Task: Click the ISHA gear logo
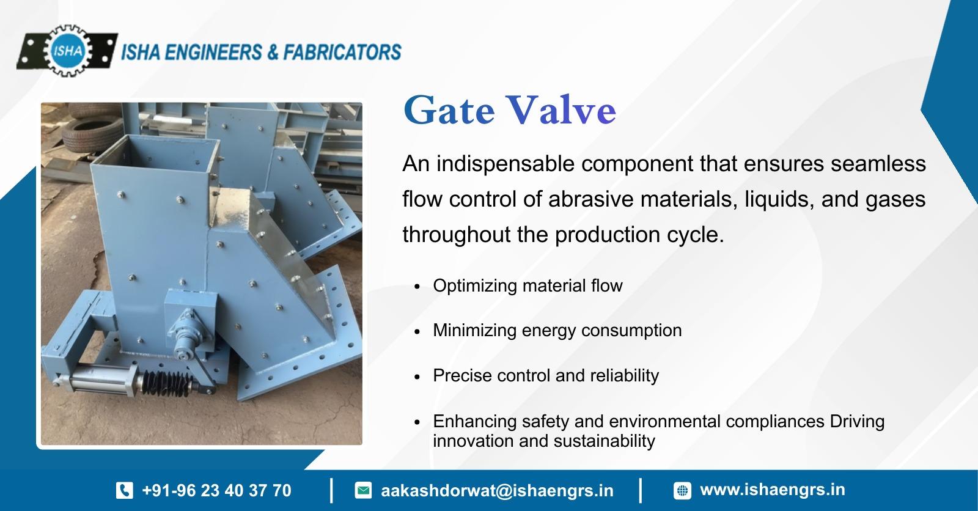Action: click(x=67, y=51)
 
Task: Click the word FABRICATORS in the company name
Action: click(x=342, y=53)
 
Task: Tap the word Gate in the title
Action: click(x=449, y=109)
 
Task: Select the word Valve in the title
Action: click(x=562, y=109)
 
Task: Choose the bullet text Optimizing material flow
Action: click(x=528, y=285)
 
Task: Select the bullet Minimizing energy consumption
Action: click(x=557, y=330)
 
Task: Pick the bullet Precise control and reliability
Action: click(x=546, y=375)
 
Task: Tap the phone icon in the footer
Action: click(x=125, y=490)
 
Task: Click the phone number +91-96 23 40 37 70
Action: click(x=216, y=490)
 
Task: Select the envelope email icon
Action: click(x=363, y=490)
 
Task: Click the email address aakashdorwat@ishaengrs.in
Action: click(x=498, y=491)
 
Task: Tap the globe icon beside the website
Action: click(x=682, y=490)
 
